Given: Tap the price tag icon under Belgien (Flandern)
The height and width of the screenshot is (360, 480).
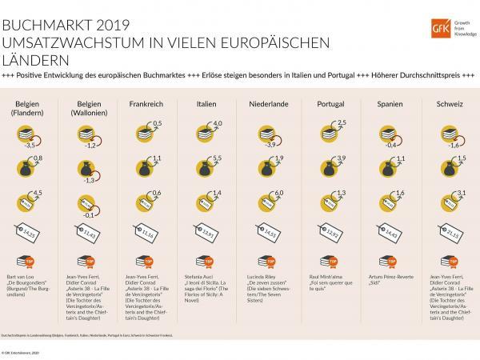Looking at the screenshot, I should point(30,234).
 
